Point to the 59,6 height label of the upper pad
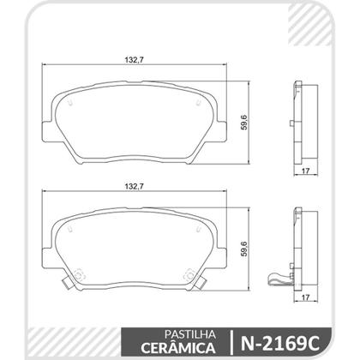pos(246,121)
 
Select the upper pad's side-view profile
pos(300,121)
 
